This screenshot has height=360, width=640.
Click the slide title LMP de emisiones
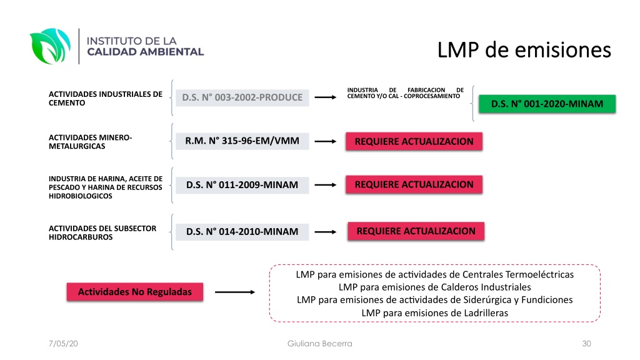[x=524, y=50]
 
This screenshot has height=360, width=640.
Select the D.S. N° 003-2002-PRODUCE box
[x=242, y=97]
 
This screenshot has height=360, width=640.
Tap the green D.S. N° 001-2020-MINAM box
[x=547, y=104]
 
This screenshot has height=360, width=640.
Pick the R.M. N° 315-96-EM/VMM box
[x=242, y=141]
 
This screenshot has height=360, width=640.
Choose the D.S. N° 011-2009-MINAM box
[x=242, y=185]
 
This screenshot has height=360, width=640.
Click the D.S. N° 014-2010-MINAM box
[x=242, y=232]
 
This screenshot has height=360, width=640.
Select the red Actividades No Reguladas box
[x=135, y=292]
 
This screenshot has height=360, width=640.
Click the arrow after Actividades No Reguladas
[x=235, y=292]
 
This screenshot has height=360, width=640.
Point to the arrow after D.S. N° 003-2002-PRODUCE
[x=325, y=97]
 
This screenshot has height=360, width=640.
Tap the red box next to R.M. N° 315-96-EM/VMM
[x=414, y=141]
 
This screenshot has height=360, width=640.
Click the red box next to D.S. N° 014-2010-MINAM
[x=416, y=231]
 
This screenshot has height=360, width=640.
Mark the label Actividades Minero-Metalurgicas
[x=90, y=142]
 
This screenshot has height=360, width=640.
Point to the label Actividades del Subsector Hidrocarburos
[x=102, y=232]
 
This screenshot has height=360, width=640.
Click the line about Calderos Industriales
[x=435, y=287]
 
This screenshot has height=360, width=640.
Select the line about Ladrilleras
[x=435, y=313]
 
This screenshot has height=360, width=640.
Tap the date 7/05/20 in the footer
[x=63, y=344]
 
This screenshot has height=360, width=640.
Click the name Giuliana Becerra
[x=319, y=344]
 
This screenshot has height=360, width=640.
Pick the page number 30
[x=586, y=344]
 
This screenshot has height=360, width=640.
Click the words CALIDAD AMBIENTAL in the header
[x=145, y=52]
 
